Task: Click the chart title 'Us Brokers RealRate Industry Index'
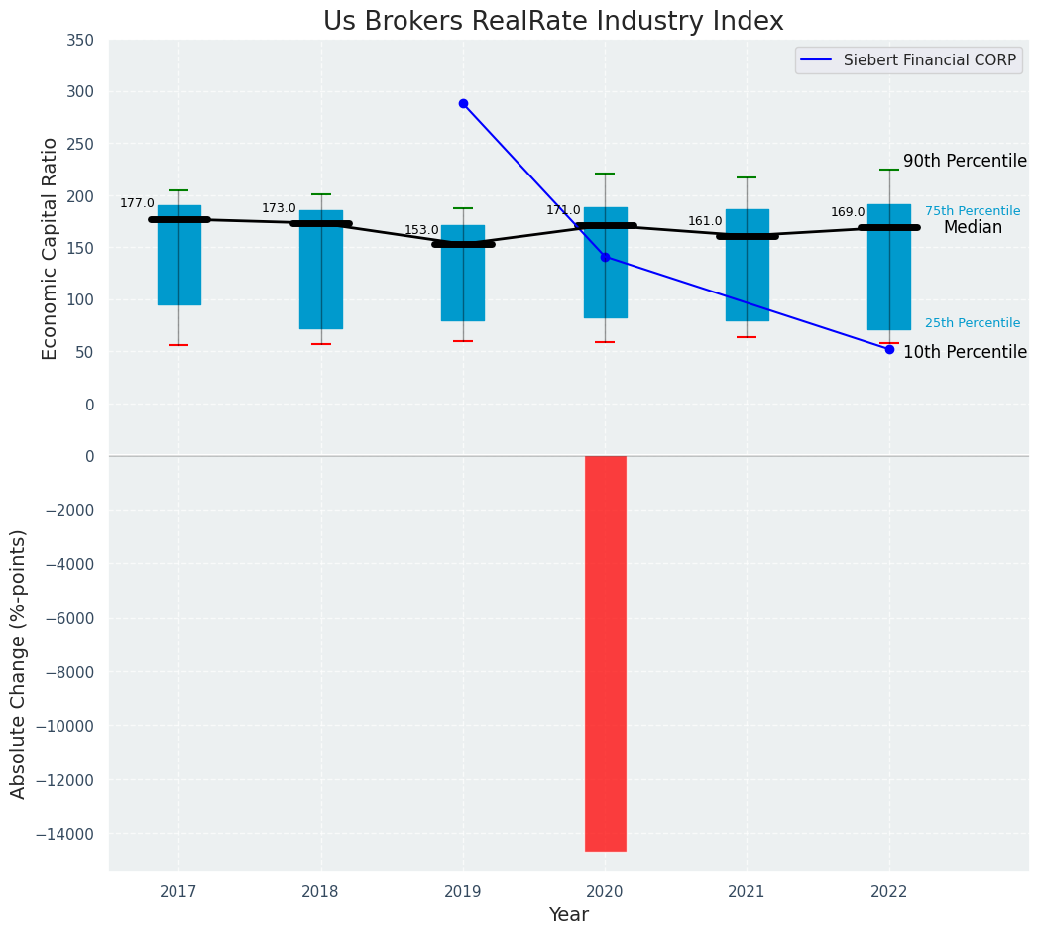coord(553,22)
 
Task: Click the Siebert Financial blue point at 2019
coord(463,103)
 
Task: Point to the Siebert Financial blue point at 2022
coord(889,349)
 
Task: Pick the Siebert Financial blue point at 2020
coord(605,257)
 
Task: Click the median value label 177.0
coord(137,204)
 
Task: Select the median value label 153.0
coord(421,231)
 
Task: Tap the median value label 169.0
coord(848,213)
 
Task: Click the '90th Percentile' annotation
coord(965,162)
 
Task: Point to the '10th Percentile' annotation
coord(965,353)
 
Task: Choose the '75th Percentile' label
coord(972,211)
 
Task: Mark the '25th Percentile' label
coord(972,323)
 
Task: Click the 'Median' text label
coord(972,228)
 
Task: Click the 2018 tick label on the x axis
coord(320,892)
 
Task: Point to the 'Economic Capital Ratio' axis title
coord(51,248)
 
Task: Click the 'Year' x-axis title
coord(568,915)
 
